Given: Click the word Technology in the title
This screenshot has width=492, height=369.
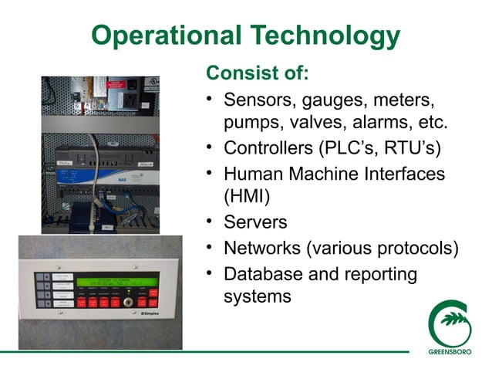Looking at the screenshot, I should click(x=325, y=36).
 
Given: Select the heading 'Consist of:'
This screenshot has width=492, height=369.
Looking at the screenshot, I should click(x=257, y=74).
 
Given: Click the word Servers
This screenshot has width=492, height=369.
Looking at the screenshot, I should click(x=254, y=222).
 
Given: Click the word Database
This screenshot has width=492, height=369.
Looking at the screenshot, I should click(x=263, y=273).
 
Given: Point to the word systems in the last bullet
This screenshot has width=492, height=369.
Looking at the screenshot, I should click(x=257, y=296).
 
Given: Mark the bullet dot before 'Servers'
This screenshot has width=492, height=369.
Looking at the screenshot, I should click(x=210, y=222).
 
